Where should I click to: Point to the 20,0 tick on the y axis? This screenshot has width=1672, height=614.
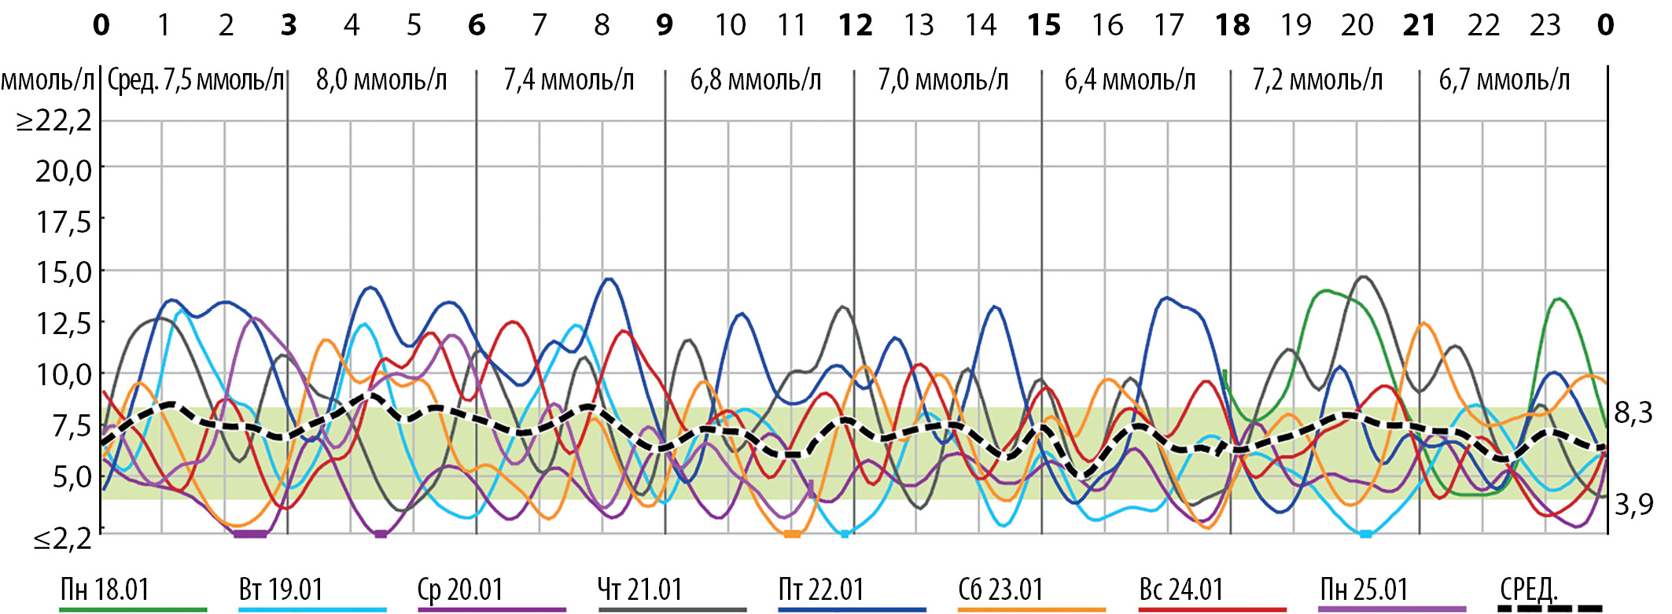click(x=63, y=171)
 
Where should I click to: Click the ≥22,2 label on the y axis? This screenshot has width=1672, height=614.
click(x=54, y=121)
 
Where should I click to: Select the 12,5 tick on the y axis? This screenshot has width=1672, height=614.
click(x=63, y=323)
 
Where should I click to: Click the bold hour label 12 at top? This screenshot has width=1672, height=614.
click(x=855, y=26)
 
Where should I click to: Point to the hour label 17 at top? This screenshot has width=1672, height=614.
click(x=1169, y=26)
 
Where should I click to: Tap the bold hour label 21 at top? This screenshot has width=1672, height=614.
click(x=1420, y=26)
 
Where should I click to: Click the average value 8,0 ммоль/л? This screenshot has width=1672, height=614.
click(x=381, y=80)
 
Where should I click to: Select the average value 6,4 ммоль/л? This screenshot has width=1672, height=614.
click(x=1130, y=80)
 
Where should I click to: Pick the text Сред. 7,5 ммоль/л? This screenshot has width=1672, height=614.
click(x=195, y=80)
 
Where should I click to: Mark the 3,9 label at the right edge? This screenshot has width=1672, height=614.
click(x=1633, y=504)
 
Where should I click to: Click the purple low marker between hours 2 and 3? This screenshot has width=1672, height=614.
click(x=251, y=534)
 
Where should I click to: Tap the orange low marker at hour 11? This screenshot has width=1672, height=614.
click(x=792, y=534)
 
